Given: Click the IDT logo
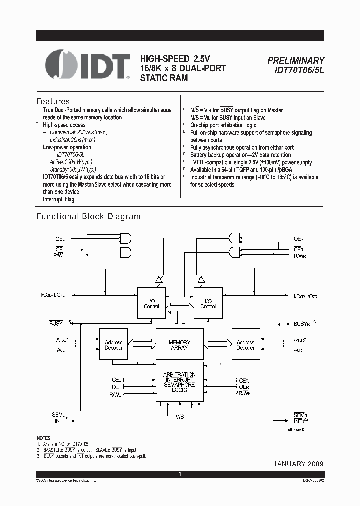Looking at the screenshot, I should coord(88,65).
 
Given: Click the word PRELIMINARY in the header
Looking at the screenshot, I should coord(296,60).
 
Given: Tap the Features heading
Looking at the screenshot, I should coord(53,101).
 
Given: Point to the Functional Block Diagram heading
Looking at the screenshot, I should coord(89,217).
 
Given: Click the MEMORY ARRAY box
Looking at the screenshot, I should coord(179,345).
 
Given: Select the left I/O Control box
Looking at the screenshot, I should coord(151,303).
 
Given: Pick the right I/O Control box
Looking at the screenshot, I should coord(208,303).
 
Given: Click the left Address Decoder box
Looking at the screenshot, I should coord(114,345).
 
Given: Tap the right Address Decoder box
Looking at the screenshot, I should coord(245,345).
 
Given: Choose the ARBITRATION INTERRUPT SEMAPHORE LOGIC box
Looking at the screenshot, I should coord(179,382).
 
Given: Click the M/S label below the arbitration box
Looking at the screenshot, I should coord(179,416).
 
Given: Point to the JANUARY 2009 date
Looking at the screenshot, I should coord(298,464).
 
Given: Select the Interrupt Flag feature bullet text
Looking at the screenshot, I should coord(59,199).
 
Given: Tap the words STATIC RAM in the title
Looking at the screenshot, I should coord(164,78).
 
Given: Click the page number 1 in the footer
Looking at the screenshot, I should coord(179,474).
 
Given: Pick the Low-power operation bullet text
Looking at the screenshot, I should coord(67,147).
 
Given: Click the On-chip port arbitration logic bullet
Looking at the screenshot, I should coord(223,125).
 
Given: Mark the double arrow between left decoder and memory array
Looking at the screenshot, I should coord(142,344).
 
